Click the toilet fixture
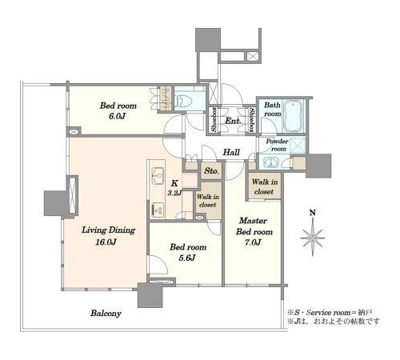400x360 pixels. pos(185,101)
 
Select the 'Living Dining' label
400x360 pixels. pos(108,230)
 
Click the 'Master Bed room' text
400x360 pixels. pos(254,226)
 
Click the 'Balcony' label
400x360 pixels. pos(106,313)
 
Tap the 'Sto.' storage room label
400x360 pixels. pos(211,170)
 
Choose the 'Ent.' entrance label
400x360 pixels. pos(233,121)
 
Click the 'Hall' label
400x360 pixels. pos(231,152)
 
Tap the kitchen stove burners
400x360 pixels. pos(158,210)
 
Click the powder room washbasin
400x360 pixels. pos(271,162)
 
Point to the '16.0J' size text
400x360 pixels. pos(106,242)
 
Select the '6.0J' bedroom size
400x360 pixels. pos(117,117)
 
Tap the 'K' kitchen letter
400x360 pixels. pos(174,183)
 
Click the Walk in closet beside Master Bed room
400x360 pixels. pos(264,186)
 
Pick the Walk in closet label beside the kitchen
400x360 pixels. pos(208,201)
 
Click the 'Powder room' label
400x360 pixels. pos(278,145)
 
